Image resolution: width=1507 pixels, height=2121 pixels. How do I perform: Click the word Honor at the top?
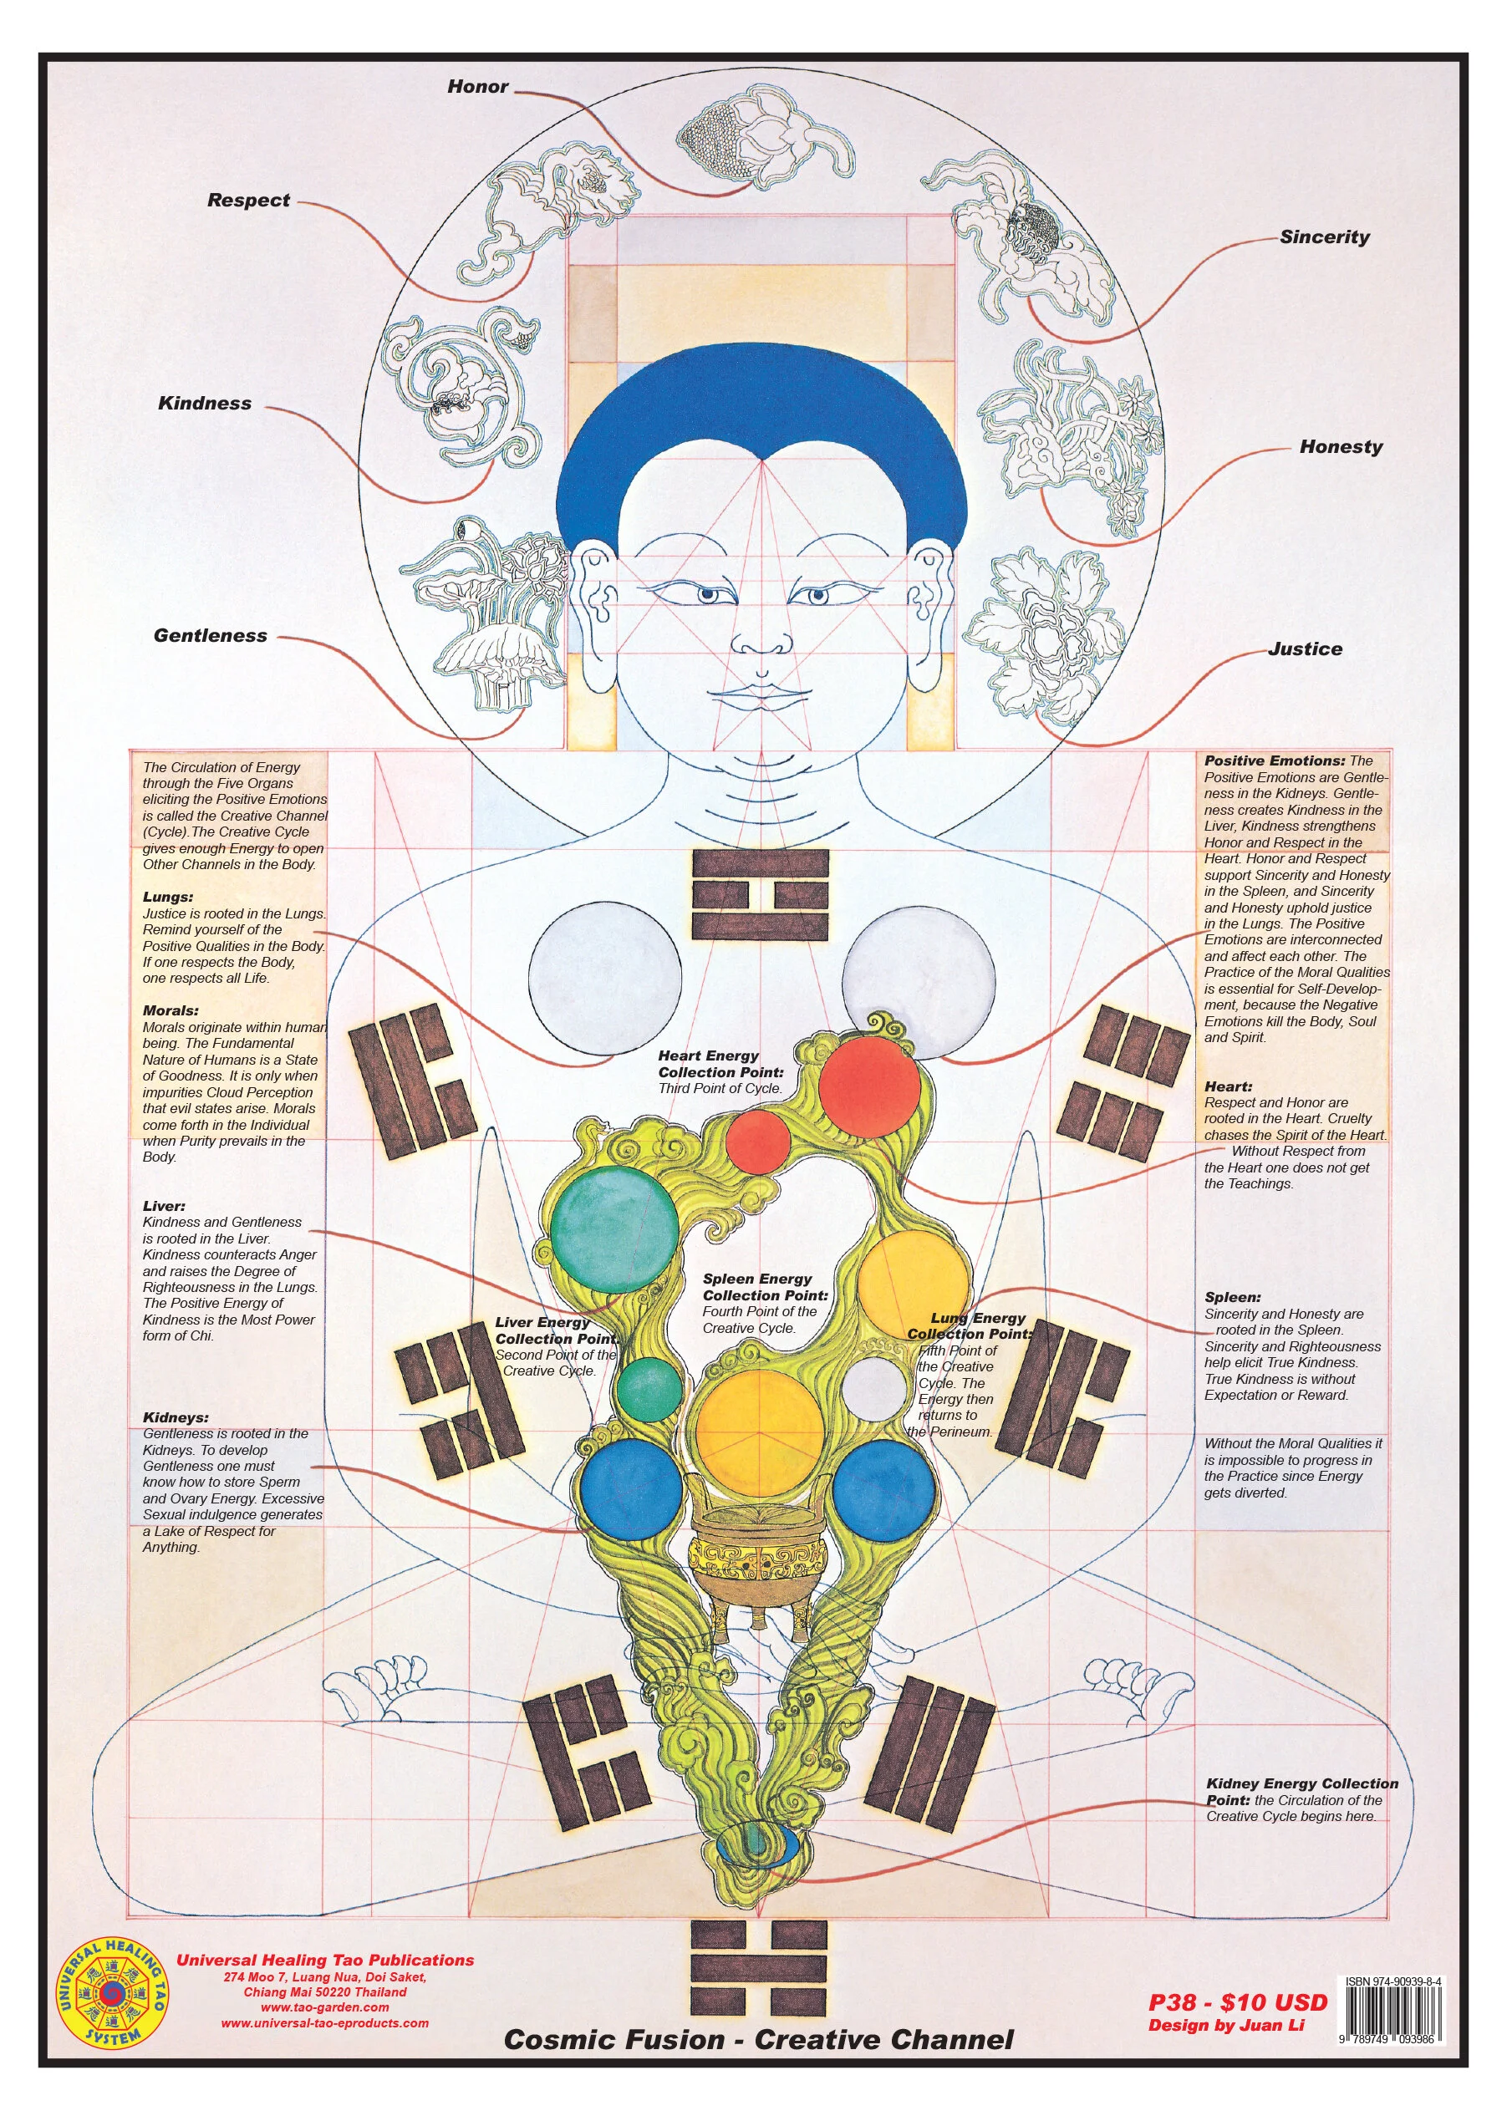(478, 86)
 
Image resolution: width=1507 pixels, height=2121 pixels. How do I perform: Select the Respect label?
(249, 201)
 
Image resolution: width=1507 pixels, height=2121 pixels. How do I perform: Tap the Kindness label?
(205, 403)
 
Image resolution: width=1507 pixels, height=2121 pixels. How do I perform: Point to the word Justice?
(1305, 649)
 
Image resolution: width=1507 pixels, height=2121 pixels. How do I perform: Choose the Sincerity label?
(1324, 237)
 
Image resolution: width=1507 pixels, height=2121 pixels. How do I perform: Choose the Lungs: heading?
(168, 898)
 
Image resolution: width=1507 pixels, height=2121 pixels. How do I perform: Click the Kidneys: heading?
(176, 1417)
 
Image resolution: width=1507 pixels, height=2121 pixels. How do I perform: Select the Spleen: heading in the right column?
(1232, 1297)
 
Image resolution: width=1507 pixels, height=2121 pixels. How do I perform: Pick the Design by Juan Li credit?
(1226, 2025)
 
